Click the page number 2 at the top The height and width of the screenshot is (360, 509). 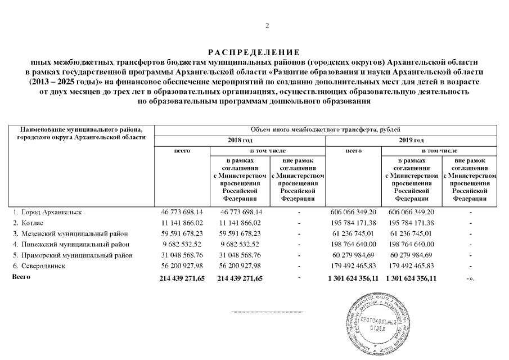(x=267, y=25)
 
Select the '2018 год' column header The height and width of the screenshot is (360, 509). (x=239, y=140)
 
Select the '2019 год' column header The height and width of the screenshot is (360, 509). (x=411, y=140)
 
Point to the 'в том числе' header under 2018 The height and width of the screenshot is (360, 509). (x=268, y=151)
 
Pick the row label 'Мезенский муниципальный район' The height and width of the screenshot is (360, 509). (x=73, y=233)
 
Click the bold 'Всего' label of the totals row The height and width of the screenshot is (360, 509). (x=21, y=277)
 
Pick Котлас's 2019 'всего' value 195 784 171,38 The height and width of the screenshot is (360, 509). (x=353, y=223)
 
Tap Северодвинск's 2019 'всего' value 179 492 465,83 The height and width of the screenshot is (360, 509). (x=353, y=265)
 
